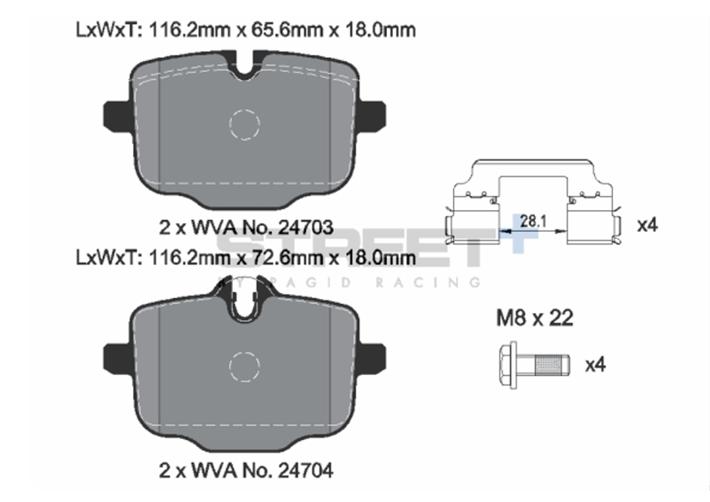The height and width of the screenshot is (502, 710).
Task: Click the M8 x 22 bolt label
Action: tap(534, 318)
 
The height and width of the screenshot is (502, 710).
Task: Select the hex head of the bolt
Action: tap(508, 365)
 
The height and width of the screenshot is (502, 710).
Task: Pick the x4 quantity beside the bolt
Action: tap(595, 365)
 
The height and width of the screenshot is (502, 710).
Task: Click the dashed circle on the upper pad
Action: tap(244, 125)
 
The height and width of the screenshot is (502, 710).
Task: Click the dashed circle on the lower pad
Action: tap(244, 365)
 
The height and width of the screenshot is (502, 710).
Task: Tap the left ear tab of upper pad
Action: tap(116, 115)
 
